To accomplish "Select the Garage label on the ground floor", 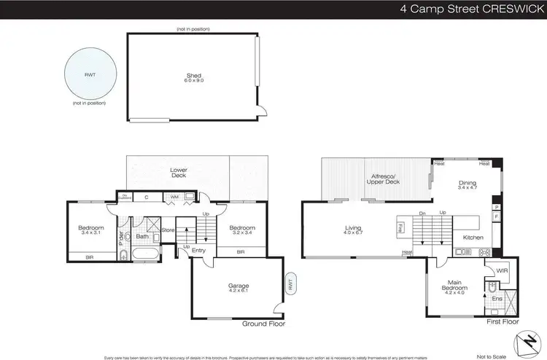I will pyautogui.click(x=237, y=288).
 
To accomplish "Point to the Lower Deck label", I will pyautogui.click(x=179, y=173).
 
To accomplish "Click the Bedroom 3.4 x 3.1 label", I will pyautogui.click(x=91, y=230).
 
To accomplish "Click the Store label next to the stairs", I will pyautogui.click(x=168, y=231).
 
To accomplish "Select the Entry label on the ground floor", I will pyautogui.click(x=199, y=250).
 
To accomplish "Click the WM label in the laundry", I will pyautogui.click(x=175, y=197).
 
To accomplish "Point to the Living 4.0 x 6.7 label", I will pyautogui.click(x=353, y=231).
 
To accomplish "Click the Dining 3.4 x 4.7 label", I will pyautogui.click(x=467, y=186).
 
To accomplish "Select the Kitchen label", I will pyautogui.click(x=473, y=238).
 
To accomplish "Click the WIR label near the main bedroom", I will pyautogui.click(x=502, y=270).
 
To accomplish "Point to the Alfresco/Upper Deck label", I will pyautogui.click(x=384, y=179).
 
